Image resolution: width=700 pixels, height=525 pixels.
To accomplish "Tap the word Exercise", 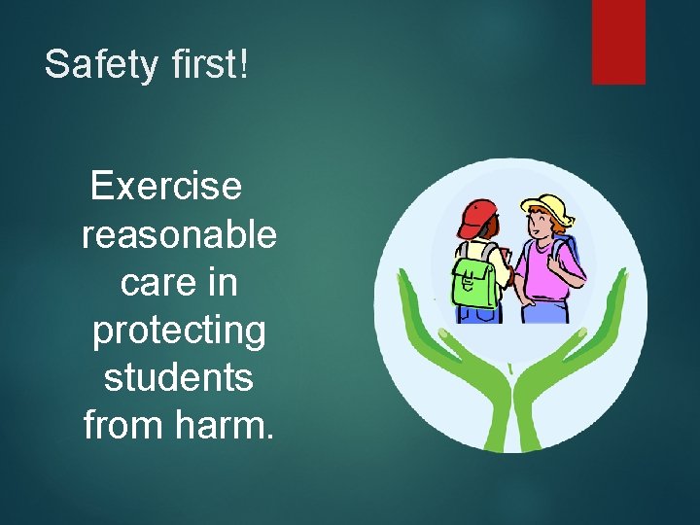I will pyautogui.click(x=166, y=185).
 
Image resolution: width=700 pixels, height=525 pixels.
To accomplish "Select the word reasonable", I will pyautogui.click(x=180, y=233).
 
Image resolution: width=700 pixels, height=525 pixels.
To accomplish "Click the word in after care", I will pyautogui.click(x=223, y=282).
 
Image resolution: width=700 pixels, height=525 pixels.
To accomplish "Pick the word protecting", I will pyautogui.click(x=179, y=331).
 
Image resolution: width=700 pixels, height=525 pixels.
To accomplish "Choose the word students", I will pyautogui.click(x=179, y=377).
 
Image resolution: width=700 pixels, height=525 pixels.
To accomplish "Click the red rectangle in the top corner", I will pyautogui.click(x=618, y=41).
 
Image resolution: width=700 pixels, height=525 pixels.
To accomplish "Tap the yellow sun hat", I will pyautogui.click(x=546, y=206).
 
